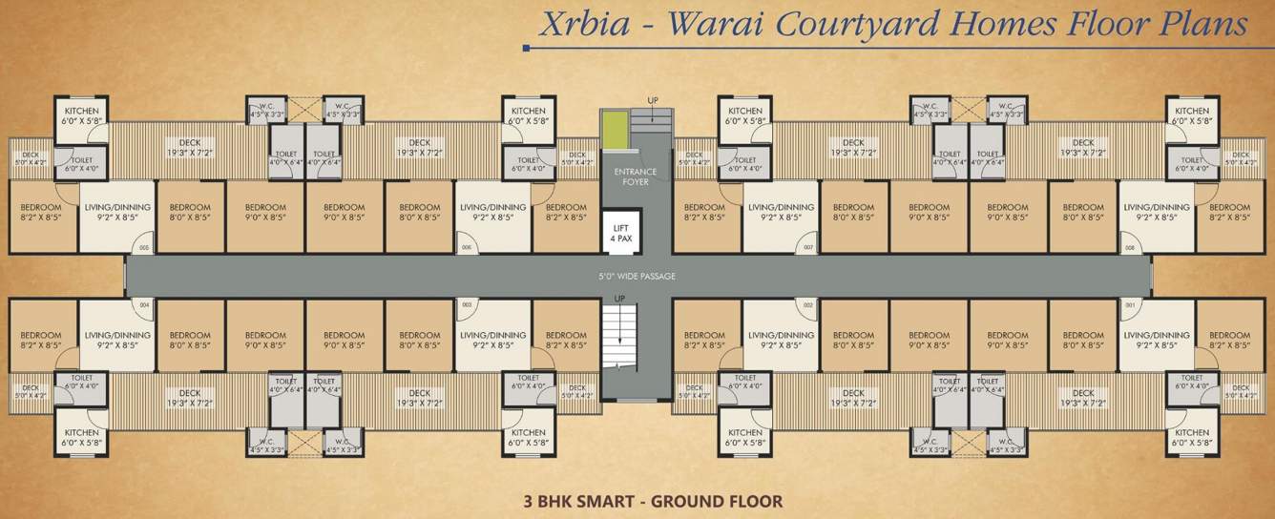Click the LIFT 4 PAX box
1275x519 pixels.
coord(620,230)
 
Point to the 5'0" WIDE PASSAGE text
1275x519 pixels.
coord(637,277)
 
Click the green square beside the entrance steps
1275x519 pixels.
coord(616,129)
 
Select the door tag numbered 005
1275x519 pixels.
coord(143,248)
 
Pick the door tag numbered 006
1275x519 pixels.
coord(467,248)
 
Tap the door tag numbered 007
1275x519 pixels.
coord(807,248)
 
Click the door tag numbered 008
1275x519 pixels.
coord(1130,248)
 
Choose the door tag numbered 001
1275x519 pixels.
coord(1130,305)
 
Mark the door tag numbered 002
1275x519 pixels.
coord(807,305)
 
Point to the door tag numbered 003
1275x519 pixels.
coord(467,305)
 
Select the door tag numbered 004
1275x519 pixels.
coord(144,305)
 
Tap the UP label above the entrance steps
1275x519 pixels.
coord(653,100)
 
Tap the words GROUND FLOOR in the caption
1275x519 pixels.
coord(717,500)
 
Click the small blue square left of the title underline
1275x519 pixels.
coord(527,47)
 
